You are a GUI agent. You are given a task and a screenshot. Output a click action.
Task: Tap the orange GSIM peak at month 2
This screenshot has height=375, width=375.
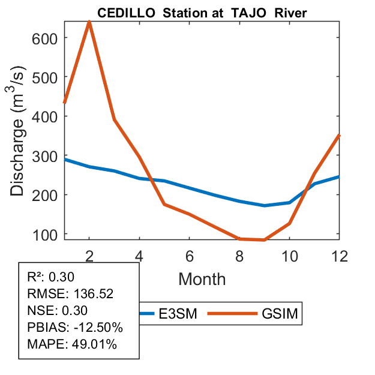click(89, 22)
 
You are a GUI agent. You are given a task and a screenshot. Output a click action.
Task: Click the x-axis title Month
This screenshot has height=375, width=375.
click(202, 278)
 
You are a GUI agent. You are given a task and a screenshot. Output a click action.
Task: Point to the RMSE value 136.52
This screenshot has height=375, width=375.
click(93, 294)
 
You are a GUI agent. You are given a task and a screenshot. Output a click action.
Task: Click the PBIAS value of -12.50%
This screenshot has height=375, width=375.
click(97, 328)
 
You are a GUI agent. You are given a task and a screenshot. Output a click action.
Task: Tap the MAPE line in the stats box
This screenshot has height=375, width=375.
click(71, 344)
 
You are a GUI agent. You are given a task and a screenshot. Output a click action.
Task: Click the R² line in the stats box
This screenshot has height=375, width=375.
click(53, 277)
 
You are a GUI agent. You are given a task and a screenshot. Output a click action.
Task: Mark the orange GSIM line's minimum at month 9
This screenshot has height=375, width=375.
click(264, 240)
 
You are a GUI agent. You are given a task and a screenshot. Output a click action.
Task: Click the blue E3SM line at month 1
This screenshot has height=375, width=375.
click(65, 160)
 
